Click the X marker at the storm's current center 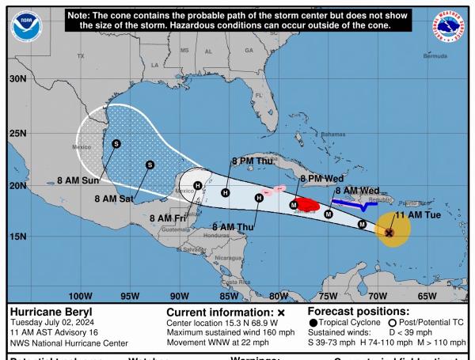389,233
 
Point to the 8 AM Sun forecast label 82,180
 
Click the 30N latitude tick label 17,79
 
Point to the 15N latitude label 17,236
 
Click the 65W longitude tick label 427,294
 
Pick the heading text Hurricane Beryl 48,313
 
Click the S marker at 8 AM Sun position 116,143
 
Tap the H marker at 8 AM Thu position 259,197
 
